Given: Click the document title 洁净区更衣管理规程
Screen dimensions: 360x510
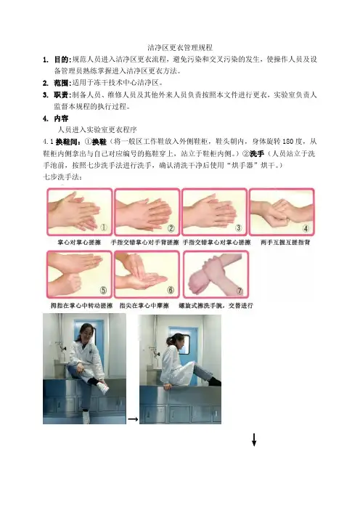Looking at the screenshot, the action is click(x=180, y=48).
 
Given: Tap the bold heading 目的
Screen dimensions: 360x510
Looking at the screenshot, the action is click(x=61, y=60).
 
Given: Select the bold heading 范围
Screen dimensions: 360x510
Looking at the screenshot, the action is click(x=61, y=83).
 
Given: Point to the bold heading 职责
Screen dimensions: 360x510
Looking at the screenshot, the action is click(x=61, y=95).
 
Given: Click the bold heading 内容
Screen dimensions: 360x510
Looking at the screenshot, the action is click(x=61, y=118).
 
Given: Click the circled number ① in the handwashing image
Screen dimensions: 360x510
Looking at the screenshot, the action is click(x=104, y=227).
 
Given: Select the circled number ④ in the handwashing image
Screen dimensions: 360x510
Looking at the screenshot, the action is click(x=306, y=228).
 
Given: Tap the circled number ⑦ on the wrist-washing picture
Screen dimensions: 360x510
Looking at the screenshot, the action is click(x=240, y=291).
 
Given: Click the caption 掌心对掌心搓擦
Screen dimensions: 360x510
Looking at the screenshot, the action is click(x=79, y=243).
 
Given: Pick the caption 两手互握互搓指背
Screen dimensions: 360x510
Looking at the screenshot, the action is click(x=285, y=243).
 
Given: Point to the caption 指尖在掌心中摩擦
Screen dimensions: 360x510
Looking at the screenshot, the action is click(x=144, y=306).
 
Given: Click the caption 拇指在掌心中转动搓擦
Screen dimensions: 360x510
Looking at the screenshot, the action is click(x=81, y=306).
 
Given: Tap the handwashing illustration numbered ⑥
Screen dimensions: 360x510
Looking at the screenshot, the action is click(x=147, y=274).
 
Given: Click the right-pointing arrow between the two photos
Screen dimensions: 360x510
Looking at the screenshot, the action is click(x=133, y=419).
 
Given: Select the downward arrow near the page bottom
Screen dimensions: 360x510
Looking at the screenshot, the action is click(x=254, y=440).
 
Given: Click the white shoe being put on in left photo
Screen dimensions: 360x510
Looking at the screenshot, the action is click(x=102, y=388).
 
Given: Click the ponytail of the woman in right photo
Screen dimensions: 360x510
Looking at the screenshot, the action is click(x=170, y=341).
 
